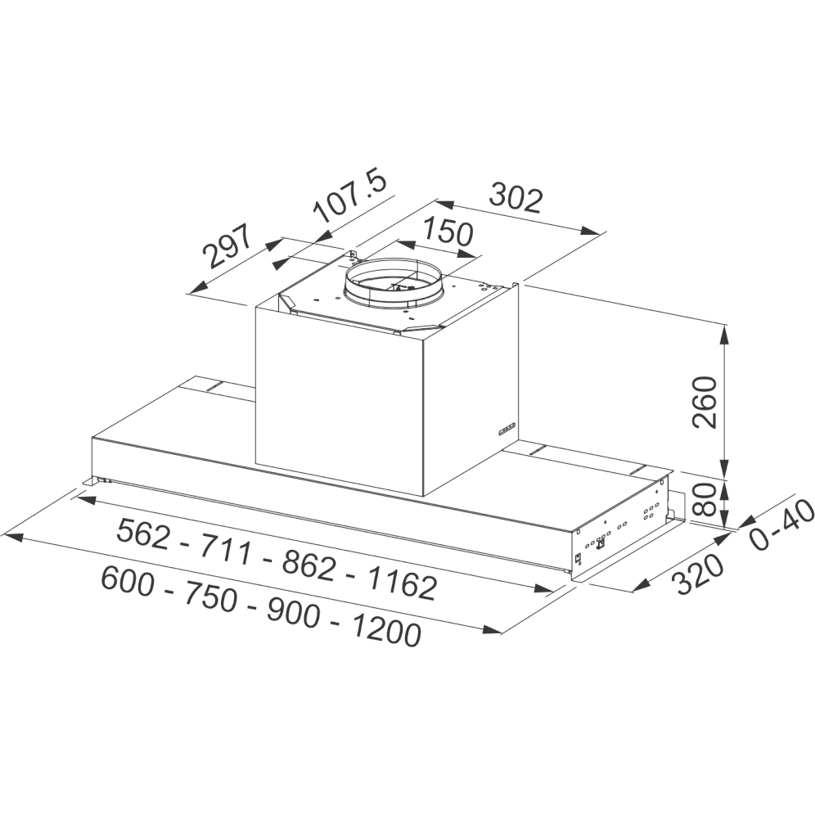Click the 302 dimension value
pyautogui.click(x=516, y=198)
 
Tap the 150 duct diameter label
pyautogui.click(x=448, y=232)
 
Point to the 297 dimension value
pyautogui.click(x=227, y=245)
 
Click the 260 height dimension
pyautogui.click(x=705, y=403)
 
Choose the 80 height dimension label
pyautogui.click(x=705, y=499)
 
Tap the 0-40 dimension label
pyautogui.click(x=781, y=525)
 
